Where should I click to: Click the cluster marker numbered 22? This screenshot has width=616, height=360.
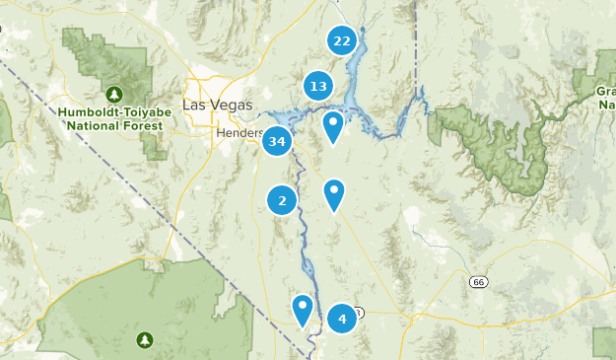342,40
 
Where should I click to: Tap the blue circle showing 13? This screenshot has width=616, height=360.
318,86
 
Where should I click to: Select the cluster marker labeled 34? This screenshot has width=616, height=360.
277,142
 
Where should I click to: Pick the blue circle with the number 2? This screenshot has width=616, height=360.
282,201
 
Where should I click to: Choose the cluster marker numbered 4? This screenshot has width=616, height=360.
342,318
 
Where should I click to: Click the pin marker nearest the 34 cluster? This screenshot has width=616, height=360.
334,126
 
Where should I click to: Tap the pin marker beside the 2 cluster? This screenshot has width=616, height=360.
335,194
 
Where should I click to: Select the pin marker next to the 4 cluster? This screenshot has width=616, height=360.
303,309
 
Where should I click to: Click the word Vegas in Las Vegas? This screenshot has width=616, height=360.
232,105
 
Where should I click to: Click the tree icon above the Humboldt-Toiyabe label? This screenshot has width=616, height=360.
115,95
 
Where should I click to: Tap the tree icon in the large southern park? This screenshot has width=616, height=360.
146,340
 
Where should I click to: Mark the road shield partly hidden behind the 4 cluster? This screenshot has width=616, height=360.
360,312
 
